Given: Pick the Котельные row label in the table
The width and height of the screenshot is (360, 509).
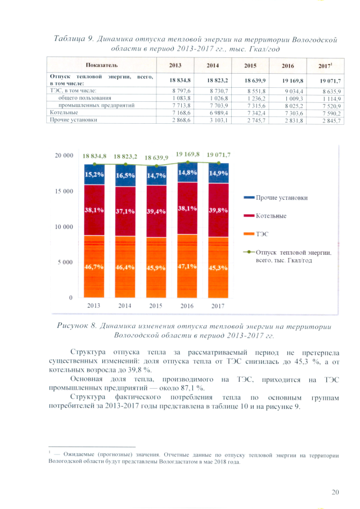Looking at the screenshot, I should pos(63,112).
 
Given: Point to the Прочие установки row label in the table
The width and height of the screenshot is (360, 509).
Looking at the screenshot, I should pos(71,119).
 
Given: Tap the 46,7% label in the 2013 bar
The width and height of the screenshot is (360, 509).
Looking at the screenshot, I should pos(94,267).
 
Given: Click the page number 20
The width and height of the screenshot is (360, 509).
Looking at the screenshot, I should pos(335,493).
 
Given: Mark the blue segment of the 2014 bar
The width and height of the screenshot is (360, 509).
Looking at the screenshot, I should pos(126,176).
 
